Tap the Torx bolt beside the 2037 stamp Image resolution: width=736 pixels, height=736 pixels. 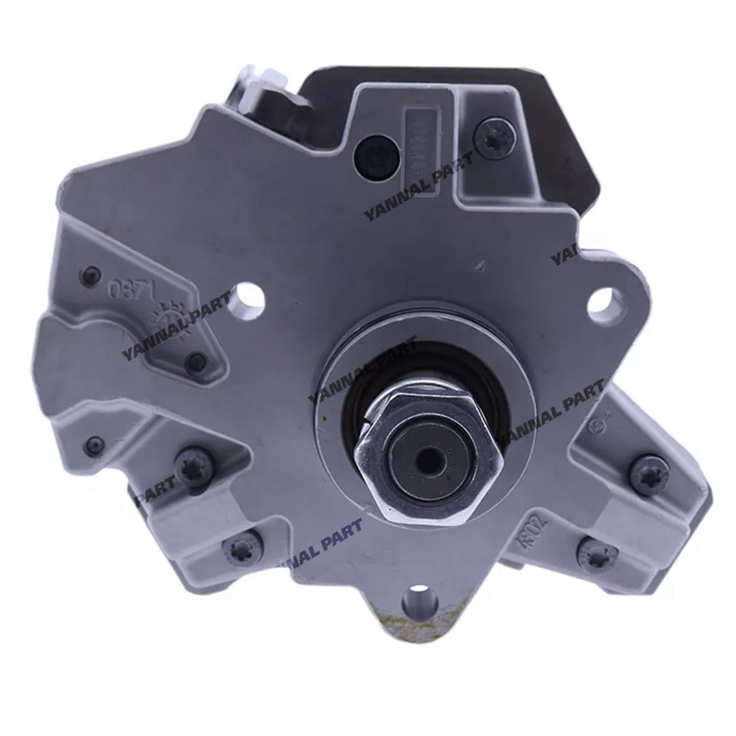592,548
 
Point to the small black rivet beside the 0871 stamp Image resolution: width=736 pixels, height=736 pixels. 91,272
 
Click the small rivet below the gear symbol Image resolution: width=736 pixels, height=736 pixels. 196,361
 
